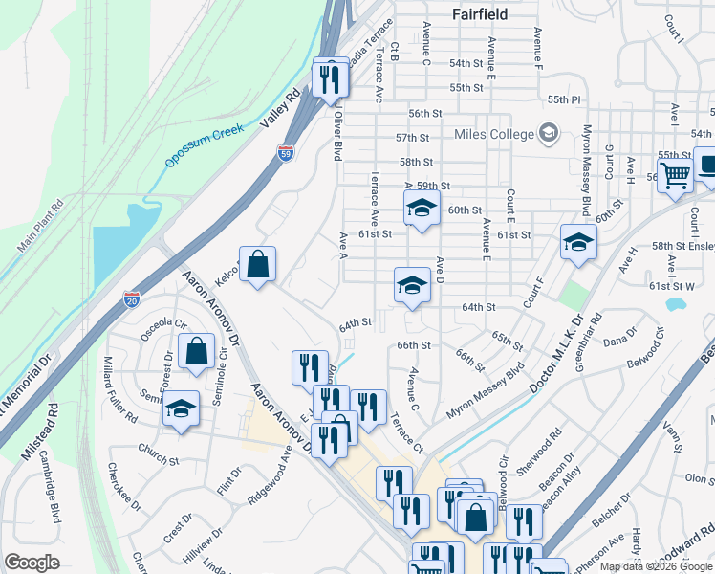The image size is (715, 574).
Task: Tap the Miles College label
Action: tap(494, 134)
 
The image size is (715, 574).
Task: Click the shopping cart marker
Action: tap(675, 175)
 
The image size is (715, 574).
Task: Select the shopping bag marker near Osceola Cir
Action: tap(196, 351)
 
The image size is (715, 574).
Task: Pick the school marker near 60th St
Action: tap(422, 208)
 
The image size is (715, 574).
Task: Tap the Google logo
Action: tap(32, 562)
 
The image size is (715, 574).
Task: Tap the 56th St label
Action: tap(424, 113)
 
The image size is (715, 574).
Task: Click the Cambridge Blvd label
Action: tap(54, 495)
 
